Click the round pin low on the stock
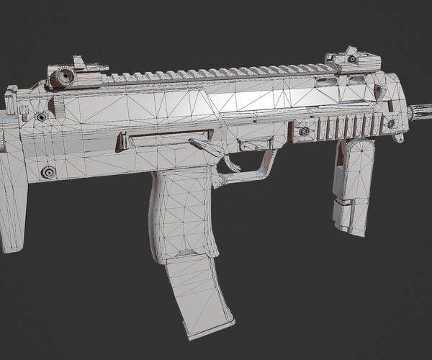49,172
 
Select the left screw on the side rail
305,131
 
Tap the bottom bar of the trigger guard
245,173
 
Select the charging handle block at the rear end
12,101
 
